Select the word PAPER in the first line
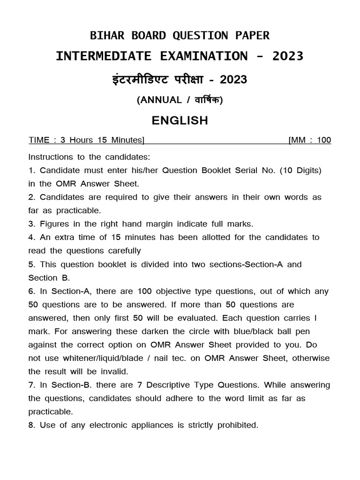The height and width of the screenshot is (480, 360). coord(251,36)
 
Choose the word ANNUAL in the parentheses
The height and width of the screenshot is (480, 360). coord(160,99)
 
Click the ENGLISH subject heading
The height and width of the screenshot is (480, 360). coord(180,120)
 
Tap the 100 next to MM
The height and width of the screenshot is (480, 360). coord(323,140)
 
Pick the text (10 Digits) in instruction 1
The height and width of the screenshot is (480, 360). coord(300,170)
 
